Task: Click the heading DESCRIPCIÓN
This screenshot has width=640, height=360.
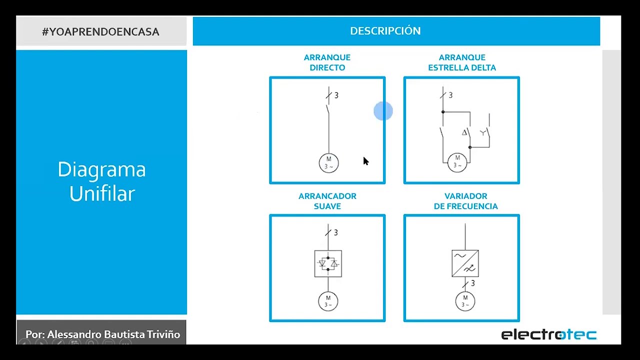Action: click(385, 31)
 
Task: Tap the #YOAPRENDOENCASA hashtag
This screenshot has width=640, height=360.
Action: click(100, 32)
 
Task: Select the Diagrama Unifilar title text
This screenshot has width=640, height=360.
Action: click(101, 181)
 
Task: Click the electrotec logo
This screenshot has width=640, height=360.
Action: click(548, 334)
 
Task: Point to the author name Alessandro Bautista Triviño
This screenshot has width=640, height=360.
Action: click(102, 334)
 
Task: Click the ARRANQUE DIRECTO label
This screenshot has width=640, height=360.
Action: click(327, 62)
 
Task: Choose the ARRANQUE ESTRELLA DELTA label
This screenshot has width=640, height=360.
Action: click(462, 62)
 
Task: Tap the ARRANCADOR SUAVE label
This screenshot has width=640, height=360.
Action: click(327, 201)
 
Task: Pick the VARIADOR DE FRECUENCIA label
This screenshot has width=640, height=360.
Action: click(465, 201)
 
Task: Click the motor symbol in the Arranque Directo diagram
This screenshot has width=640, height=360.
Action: click(328, 163)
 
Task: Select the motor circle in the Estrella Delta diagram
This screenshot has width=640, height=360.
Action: click(457, 162)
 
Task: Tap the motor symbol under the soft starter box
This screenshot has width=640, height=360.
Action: click(328, 301)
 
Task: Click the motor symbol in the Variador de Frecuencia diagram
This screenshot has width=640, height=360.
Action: click(465, 301)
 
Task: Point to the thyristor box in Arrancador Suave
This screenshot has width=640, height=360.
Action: click(328, 263)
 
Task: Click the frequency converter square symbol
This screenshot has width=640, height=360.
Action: click(465, 263)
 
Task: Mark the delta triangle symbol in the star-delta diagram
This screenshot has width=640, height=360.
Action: click(464, 132)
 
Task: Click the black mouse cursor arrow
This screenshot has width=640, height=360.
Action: click(365, 161)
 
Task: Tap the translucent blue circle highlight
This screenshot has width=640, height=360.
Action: click(383, 111)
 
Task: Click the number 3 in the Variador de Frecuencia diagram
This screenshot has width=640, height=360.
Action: click(472, 283)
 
